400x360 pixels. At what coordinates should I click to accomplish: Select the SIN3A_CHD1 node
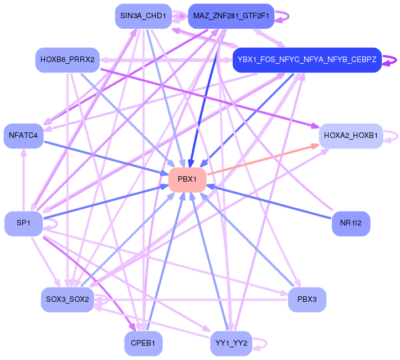pos(143,16)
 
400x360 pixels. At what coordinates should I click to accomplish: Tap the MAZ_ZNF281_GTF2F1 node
pos(231,16)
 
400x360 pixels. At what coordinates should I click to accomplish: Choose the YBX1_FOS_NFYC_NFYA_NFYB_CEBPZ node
pos(307,60)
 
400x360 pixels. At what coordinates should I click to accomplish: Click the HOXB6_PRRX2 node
pos(67,60)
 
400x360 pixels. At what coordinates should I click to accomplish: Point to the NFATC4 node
pos(23,136)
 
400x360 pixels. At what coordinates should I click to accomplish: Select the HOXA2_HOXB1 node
pos(351,136)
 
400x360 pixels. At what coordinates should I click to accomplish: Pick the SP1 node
pos(23,223)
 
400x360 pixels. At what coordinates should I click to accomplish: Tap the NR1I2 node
pos(351,223)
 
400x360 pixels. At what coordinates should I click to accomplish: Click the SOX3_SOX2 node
pos(67,300)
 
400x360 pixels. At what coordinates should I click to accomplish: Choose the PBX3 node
pos(307,300)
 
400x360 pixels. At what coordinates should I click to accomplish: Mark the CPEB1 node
pos(143,343)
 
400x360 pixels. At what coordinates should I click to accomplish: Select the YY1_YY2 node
pos(231,343)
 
